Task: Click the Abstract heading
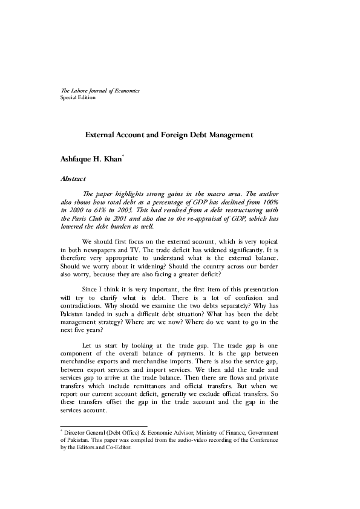(73, 179)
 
